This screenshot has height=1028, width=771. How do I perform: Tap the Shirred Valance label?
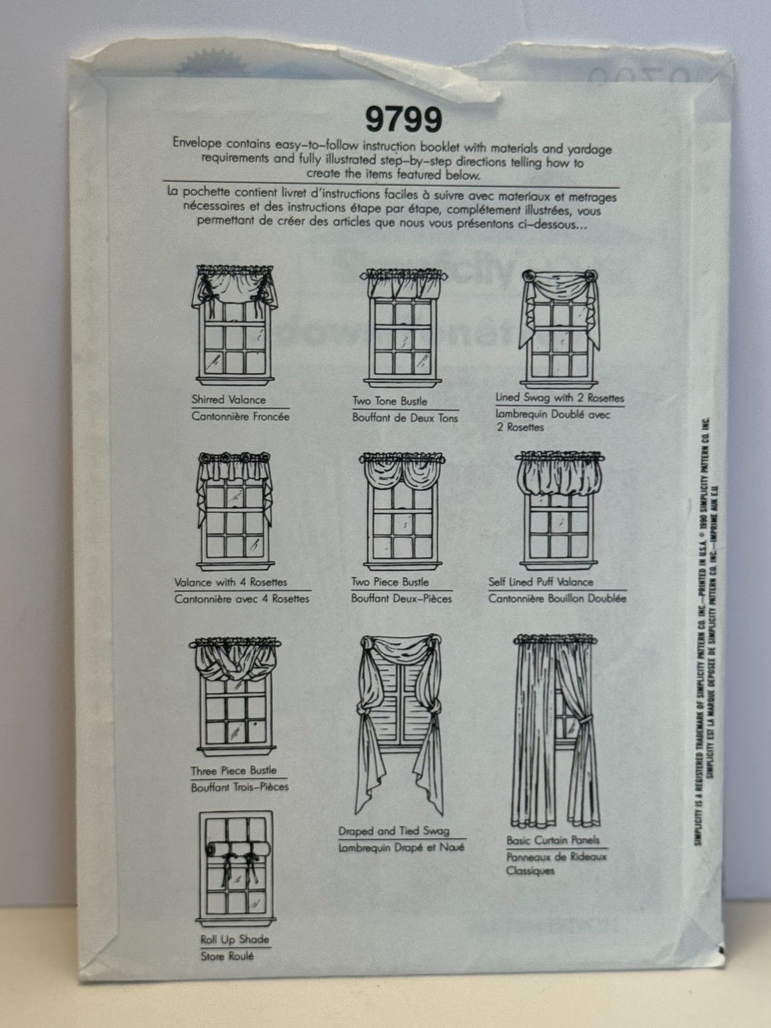(228, 399)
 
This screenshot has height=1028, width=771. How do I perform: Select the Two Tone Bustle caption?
(390, 401)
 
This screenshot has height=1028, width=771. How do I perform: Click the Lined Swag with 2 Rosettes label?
(559, 397)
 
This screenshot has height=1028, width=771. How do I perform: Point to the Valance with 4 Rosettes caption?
(230, 582)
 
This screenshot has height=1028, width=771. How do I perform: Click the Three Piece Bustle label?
(234, 770)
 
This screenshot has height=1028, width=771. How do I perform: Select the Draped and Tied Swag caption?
(394, 831)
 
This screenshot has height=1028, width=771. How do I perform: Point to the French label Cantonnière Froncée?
(240, 417)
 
